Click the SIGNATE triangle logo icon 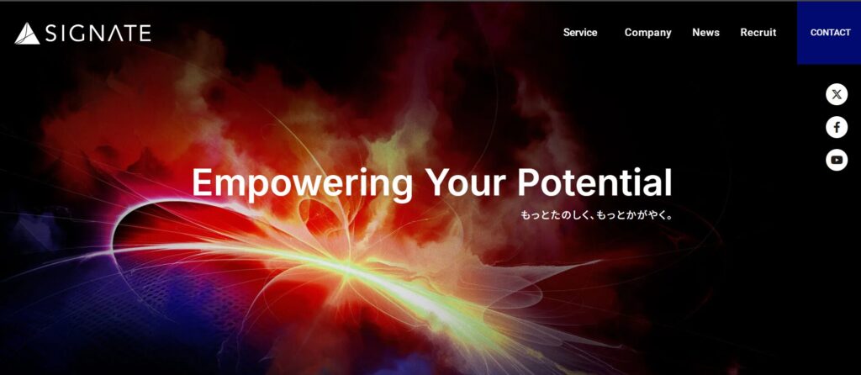(27, 34)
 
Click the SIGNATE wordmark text (98, 34)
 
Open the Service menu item (580, 33)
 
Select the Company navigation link (648, 33)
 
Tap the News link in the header (705, 33)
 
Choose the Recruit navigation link (758, 33)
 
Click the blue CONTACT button (829, 33)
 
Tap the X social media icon (837, 94)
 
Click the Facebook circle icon (837, 127)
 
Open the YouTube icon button (837, 160)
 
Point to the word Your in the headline (465, 182)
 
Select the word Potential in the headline (594, 182)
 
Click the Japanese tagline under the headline (596, 215)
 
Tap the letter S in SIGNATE (52, 34)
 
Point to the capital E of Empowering (202, 182)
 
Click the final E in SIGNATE (145, 34)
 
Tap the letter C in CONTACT (814, 33)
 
